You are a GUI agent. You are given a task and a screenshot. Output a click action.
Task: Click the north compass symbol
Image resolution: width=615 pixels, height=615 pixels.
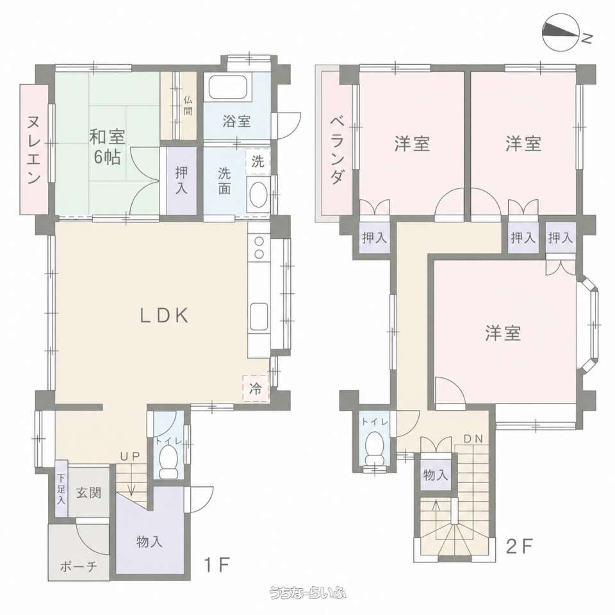pyautogui.click(x=561, y=33)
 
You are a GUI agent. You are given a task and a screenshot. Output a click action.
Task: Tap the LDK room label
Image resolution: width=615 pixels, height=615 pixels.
pyautogui.click(x=165, y=315)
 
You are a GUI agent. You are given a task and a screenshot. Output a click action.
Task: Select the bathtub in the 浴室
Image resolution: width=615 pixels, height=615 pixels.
pyautogui.click(x=228, y=87)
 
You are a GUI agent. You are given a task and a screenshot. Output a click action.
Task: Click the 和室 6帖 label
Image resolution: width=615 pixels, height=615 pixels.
pyautogui.click(x=107, y=147)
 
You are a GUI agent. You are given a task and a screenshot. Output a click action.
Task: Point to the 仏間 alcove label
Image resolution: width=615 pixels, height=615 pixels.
pyautogui.click(x=188, y=106)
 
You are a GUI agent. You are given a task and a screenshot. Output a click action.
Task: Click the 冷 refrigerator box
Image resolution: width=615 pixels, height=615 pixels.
pyautogui.click(x=256, y=388)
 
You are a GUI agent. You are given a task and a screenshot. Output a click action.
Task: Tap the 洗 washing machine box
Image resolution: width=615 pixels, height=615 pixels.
pyautogui.click(x=258, y=161)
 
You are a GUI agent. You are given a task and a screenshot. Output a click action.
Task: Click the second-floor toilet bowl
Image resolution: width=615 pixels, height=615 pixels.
pyautogui.click(x=375, y=448)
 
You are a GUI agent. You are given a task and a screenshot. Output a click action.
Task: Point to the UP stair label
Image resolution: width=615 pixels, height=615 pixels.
pyautogui.click(x=130, y=457)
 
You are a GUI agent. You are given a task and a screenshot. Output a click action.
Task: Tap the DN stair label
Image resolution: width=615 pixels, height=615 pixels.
pyautogui.click(x=473, y=439)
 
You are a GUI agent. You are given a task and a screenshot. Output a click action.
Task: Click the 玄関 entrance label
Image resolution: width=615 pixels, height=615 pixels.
pyautogui.click(x=88, y=493)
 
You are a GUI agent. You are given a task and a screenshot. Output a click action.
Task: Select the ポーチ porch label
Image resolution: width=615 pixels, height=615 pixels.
pyautogui.click(x=78, y=566)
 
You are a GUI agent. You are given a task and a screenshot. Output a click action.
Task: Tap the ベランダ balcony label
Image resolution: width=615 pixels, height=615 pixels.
pyautogui.click(x=336, y=150)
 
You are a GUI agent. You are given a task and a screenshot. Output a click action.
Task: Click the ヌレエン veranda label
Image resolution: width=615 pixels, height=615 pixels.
pyautogui.click(x=34, y=150)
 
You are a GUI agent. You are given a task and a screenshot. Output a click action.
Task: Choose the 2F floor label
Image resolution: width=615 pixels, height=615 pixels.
pyautogui.click(x=520, y=546)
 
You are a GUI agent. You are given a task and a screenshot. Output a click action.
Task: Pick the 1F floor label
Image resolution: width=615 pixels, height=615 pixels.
pyautogui.click(x=217, y=565)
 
